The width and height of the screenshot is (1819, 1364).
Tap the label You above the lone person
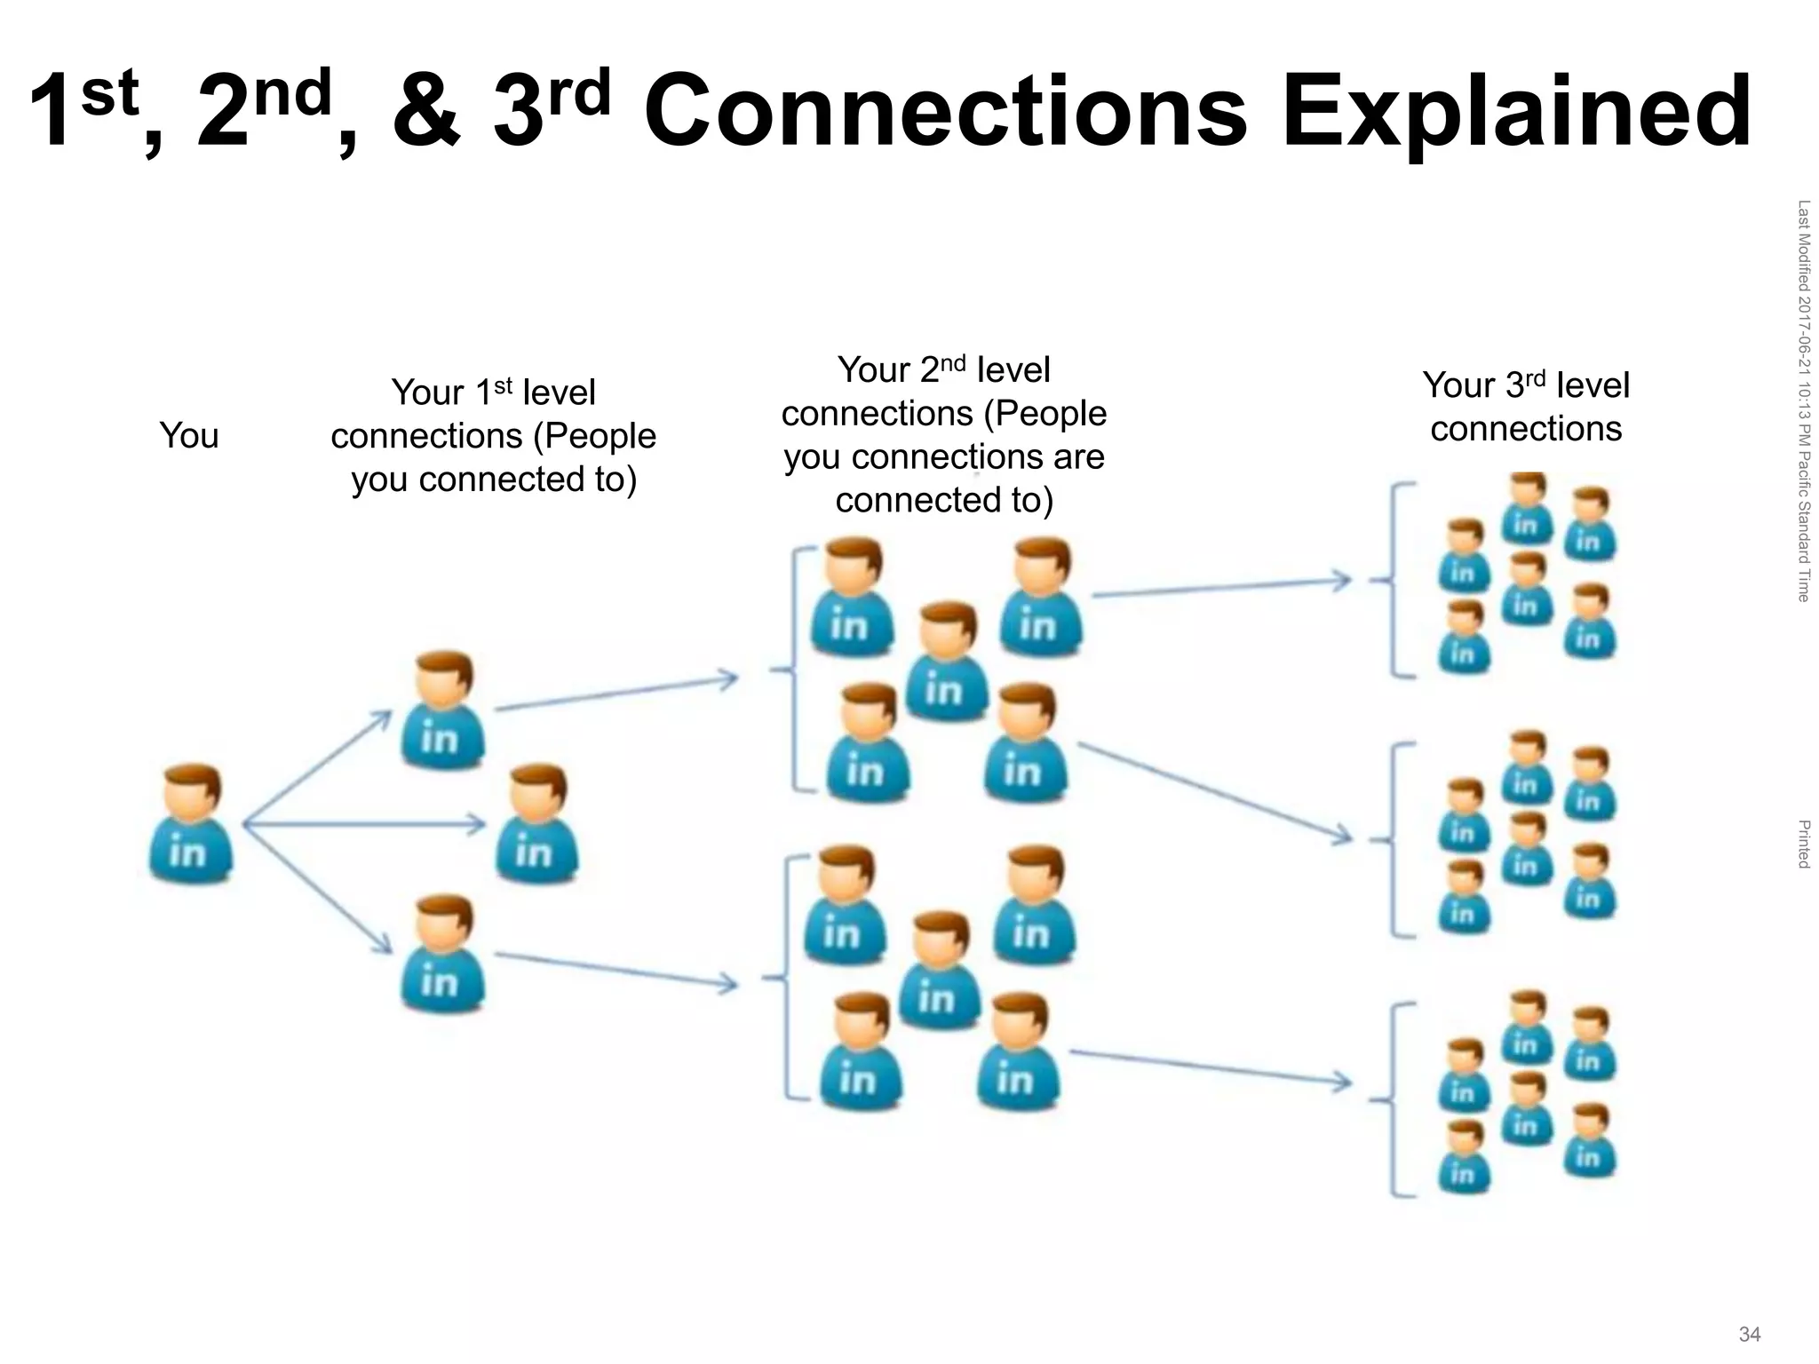(188, 436)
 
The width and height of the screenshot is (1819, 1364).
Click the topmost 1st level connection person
(442, 710)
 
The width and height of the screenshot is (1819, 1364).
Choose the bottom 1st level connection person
(442, 954)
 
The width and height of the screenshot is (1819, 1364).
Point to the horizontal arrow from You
(364, 825)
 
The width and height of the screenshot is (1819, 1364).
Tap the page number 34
(1749, 1334)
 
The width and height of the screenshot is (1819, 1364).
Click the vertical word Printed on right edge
(1803, 844)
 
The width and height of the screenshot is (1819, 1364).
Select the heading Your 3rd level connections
(1526, 407)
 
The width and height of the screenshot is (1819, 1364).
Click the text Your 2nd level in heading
(943, 370)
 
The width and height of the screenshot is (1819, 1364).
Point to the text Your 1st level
(493, 393)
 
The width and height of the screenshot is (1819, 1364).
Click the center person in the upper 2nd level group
(946, 662)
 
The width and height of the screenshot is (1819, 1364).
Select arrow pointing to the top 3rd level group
(1221, 588)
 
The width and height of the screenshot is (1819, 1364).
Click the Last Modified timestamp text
(1803, 400)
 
